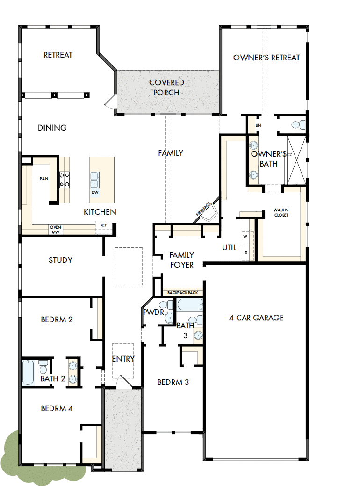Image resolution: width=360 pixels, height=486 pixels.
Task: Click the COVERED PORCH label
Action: (x=166, y=87)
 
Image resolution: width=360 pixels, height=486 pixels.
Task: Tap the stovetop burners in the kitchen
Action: (x=64, y=179)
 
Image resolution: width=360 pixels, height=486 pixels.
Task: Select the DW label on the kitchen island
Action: (x=95, y=192)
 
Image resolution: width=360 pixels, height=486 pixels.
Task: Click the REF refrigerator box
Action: (x=103, y=225)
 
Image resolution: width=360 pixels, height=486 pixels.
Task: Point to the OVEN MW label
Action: (x=56, y=230)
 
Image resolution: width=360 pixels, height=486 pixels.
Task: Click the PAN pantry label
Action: (x=44, y=179)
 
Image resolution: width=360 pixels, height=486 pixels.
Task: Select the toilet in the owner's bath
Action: (x=298, y=124)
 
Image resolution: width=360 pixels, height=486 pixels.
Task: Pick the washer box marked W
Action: (x=245, y=237)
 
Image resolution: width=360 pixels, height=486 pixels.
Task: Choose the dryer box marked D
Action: (x=245, y=252)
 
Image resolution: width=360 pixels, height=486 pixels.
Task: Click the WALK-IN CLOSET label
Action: (x=281, y=213)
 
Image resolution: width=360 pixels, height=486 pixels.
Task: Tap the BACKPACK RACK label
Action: (x=183, y=293)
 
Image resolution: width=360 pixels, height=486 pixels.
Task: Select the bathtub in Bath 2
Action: (x=28, y=372)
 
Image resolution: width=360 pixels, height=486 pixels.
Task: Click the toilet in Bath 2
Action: (x=43, y=364)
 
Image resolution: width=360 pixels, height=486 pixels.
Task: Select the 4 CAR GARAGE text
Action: (x=256, y=318)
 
